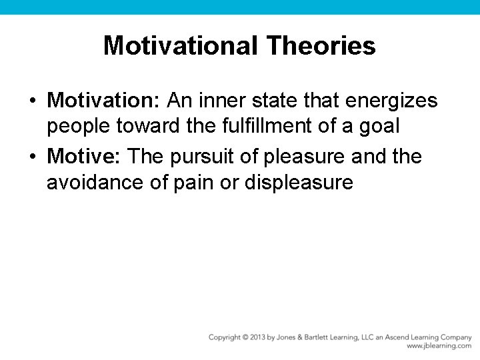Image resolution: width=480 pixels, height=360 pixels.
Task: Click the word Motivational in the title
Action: point(181,46)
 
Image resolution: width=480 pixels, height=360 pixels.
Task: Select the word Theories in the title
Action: point(321,46)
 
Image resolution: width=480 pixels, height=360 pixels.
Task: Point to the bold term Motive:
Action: point(85,157)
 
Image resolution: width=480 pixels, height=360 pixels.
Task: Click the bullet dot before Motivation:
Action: point(32,101)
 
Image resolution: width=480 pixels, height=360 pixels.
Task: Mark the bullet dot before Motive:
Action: point(32,157)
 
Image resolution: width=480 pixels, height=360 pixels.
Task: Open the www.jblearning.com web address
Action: point(439,347)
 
